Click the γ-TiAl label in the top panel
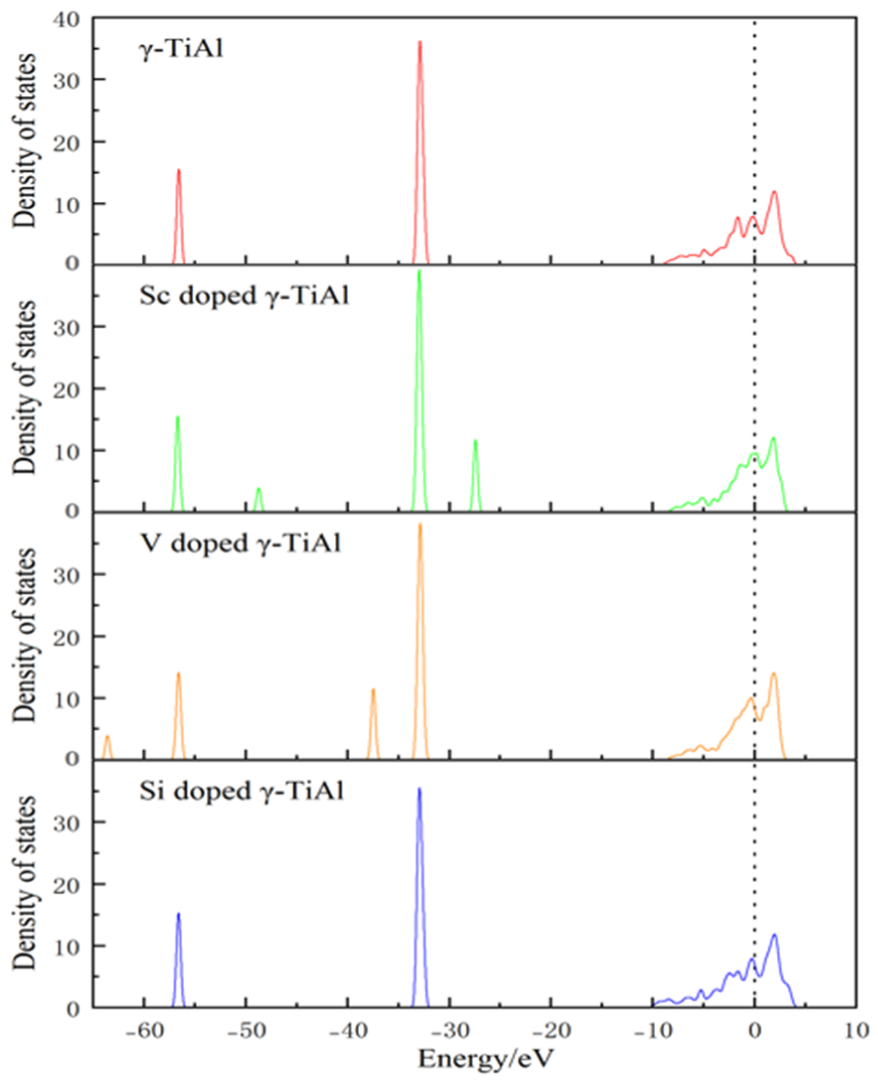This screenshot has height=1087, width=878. [x=181, y=50]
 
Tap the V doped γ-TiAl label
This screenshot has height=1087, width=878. [x=240, y=544]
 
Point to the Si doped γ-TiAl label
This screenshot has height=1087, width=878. [x=242, y=790]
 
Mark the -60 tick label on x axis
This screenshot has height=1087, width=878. [x=144, y=1030]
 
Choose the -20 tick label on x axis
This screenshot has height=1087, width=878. [x=550, y=1030]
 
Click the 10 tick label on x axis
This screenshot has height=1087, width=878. [x=856, y=1030]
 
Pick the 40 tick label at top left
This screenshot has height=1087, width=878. [x=66, y=19]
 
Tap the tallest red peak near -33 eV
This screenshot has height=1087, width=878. [x=420, y=42]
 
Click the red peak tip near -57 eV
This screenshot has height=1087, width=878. [x=179, y=171]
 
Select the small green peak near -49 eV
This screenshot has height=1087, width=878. [x=259, y=489]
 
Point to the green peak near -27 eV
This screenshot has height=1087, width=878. [x=475, y=441]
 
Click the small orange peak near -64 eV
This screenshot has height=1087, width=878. [x=107, y=737]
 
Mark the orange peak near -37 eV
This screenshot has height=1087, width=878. [x=373, y=690]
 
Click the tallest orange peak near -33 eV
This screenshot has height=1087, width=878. [x=420, y=525]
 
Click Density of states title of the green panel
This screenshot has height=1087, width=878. [x=24, y=388]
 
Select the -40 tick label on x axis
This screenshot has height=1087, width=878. [x=347, y=1030]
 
